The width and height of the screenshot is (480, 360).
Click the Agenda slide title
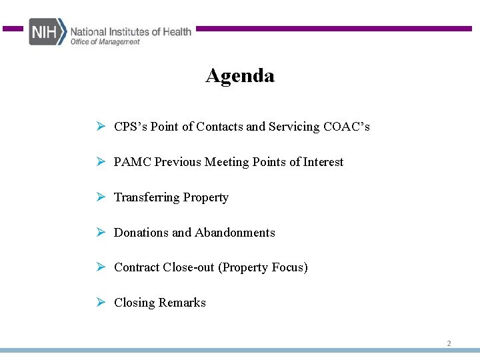240,76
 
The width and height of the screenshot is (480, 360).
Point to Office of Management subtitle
105,42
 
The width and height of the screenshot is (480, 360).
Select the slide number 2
449,343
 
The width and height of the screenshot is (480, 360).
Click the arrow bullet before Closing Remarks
100,303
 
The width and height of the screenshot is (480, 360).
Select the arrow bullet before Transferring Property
100,197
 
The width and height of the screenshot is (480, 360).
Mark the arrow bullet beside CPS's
100,127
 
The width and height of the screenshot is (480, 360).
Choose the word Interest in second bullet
323,162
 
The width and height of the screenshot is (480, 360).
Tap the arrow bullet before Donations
100,233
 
